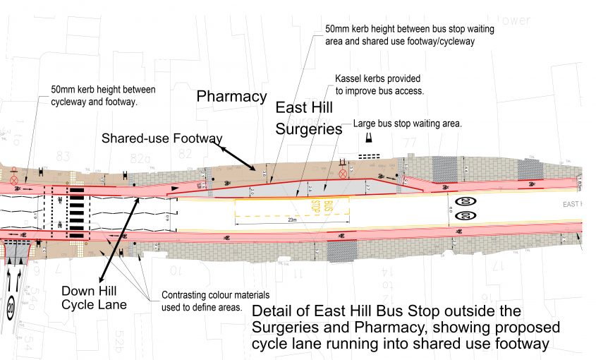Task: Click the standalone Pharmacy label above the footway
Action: click(231, 96)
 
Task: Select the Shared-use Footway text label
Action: click(161, 137)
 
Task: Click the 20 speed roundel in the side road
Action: click(10, 309)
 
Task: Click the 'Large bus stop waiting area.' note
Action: click(408, 124)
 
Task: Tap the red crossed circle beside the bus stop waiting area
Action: click(343, 173)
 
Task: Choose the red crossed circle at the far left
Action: click(13, 180)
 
